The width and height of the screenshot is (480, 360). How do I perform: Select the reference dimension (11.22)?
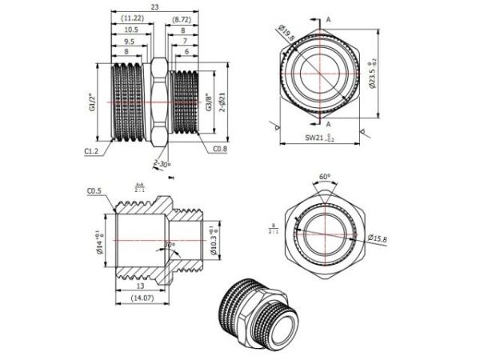point(133,18)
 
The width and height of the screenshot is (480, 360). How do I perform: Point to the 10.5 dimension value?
point(131,29)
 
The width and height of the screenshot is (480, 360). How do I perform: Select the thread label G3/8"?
point(210,102)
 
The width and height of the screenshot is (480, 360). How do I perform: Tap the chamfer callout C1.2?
point(92,148)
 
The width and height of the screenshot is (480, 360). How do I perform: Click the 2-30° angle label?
point(162,164)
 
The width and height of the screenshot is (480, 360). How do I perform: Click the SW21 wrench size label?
point(320,138)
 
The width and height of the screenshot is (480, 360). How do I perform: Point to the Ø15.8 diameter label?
point(376,239)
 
